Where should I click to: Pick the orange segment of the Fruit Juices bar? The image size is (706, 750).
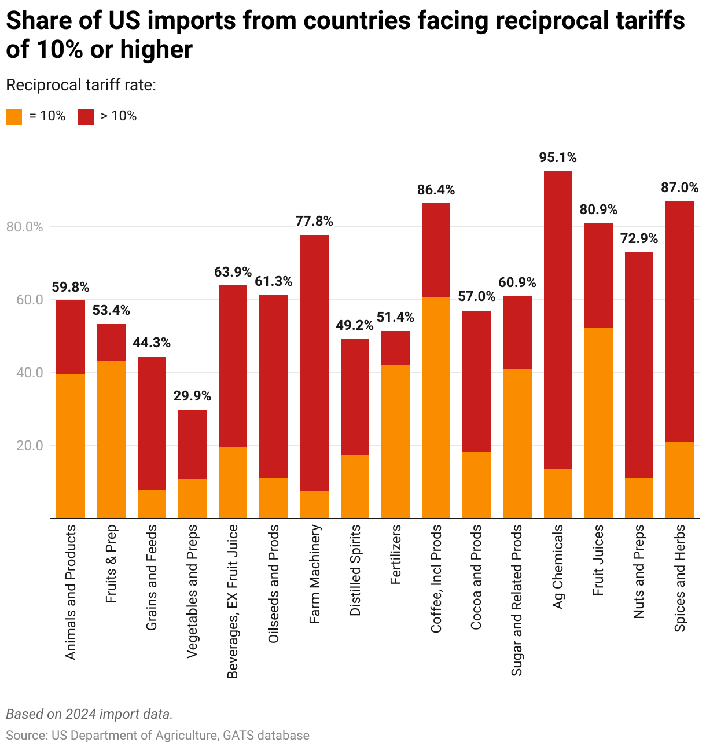pos(598,423)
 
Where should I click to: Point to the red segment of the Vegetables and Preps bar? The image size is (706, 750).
pos(192,444)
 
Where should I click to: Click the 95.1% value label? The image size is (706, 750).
pos(558,157)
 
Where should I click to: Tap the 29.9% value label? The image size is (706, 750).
pos(192,396)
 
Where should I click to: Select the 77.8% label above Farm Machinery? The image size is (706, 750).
pos(314,221)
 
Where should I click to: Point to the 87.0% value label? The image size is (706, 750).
pos(679,187)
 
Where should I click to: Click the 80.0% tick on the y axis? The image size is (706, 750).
pos(25,227)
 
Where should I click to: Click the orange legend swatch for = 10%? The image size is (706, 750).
pos(14,116)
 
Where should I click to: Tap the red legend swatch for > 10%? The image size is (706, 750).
pos(86,116)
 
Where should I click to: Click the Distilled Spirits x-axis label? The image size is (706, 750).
pos(355,570)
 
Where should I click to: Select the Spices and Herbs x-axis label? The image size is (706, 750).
pos(680,578)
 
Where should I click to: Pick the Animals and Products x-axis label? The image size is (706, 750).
pos(71,592)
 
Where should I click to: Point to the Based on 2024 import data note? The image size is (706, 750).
pos(89,714)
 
